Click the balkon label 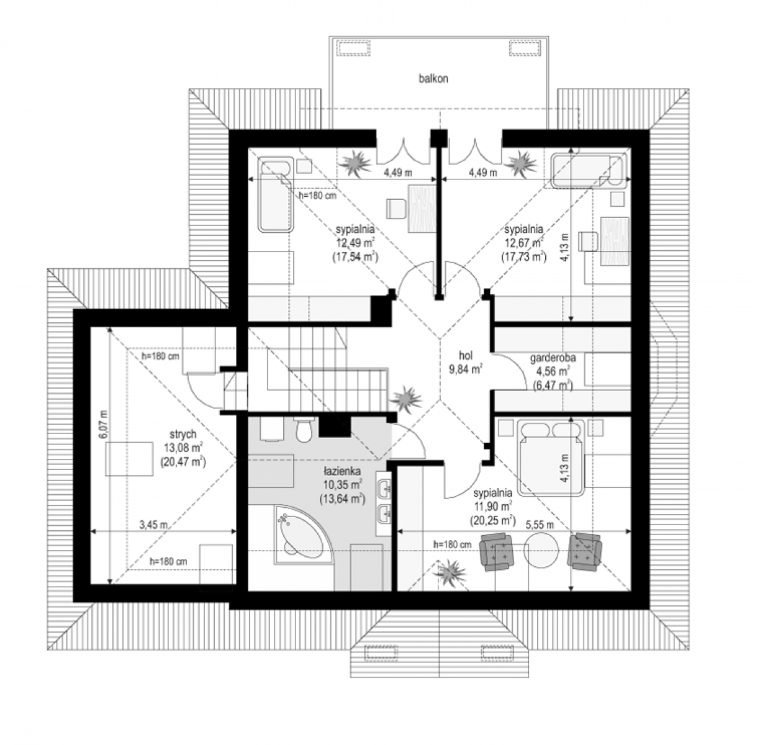click(x=433, y=78)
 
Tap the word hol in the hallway click(x=466, y=355)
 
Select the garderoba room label click(x=553, y=358)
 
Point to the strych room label click(x=183, y=434)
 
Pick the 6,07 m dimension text click(x=103, y=424)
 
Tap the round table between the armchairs click(x=541, y=551)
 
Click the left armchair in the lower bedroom click(x=497, y=553)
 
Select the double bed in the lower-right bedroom click(x=551, y=458)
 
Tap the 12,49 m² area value click(x=355, y=242)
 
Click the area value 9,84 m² click(x=466, y=369)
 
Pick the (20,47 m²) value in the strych click(x=183, y=461)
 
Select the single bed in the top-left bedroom click(x=276, y=194)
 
